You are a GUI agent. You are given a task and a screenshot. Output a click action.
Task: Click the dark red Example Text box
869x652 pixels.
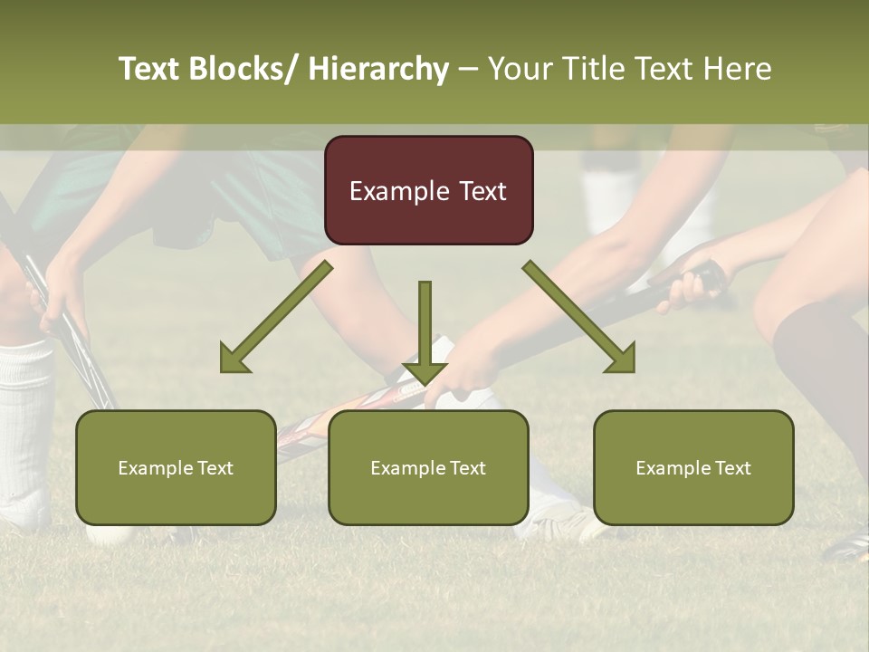[x=428, y=191]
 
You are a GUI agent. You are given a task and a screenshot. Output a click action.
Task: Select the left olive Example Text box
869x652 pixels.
[x=176, y=468]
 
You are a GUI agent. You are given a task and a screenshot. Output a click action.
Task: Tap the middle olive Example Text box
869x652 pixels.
[x=428, y=468]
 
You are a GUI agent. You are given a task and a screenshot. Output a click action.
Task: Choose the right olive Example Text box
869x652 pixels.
[x=693, y=468]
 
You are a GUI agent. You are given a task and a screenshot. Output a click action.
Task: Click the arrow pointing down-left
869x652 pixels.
[x=276, y=317]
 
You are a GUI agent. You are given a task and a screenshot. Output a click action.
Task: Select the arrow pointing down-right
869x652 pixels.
[x=579, y=317]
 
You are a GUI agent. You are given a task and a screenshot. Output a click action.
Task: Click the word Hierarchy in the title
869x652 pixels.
[x=378, y=69]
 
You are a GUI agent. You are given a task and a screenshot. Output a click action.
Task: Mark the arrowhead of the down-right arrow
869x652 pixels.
[x=622, y=360]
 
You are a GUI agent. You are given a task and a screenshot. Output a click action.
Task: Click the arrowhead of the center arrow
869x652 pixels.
[x=425, y=372]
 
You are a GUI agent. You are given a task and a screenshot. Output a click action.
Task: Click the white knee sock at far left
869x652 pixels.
[x=24, y=426]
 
